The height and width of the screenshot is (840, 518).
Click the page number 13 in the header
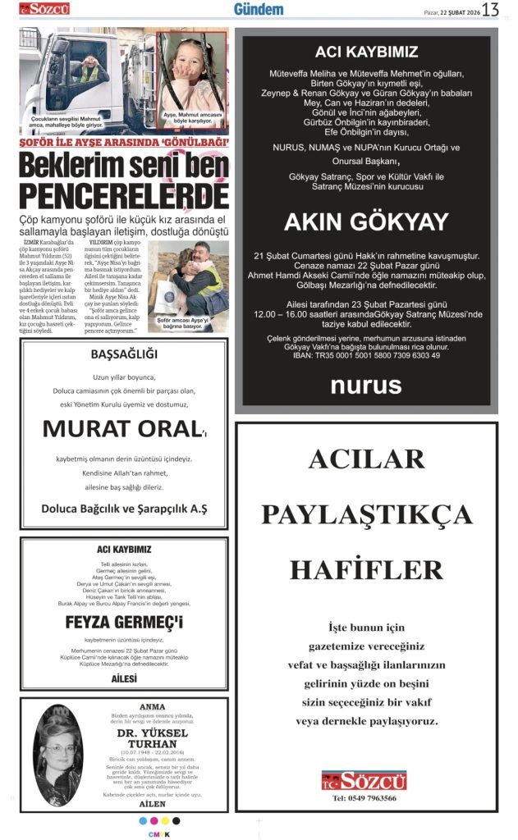(x=490, y=10)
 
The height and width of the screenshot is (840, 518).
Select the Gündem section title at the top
(x=258, y=9)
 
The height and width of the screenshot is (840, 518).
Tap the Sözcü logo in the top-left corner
(x=44, y=9)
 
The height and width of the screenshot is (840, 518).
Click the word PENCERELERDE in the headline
(x=124, y=195)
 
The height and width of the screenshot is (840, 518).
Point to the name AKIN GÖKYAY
(x=366, y=221)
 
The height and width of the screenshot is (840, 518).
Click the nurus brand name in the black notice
(x=366, y=386)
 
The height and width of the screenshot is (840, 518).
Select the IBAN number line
(x=366, y=356)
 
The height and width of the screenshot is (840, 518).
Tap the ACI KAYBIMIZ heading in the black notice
(x=366, y=52)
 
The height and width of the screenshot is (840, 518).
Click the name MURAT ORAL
(x=121, y=427)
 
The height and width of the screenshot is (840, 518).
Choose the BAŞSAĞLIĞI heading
(x=124, y=355)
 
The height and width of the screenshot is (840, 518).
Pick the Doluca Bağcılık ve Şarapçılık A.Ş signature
(x=124, y=509)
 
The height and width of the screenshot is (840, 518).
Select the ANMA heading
(x=152, y=706)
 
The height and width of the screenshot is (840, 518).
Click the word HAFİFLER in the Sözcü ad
(x=366, y=568)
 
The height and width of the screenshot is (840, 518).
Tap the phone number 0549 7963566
(x=366, y=798)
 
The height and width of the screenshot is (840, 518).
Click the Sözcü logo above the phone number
(x=365, y=780)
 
